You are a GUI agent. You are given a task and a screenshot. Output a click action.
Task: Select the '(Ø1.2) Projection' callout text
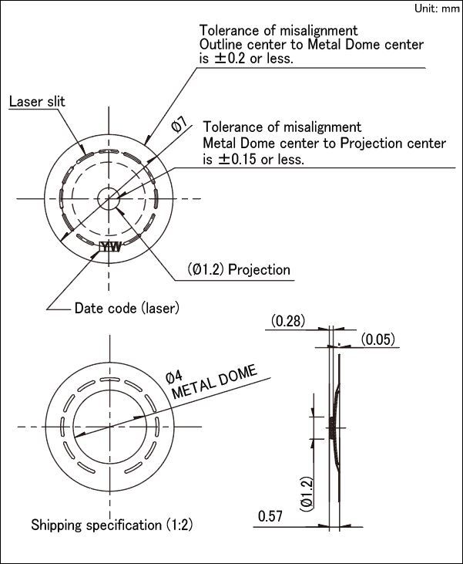[x=239, y=269]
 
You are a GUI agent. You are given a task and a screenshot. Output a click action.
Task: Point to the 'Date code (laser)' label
[x=126, y=308]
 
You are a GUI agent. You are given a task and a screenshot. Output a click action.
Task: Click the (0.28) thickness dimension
[x=287, y=320]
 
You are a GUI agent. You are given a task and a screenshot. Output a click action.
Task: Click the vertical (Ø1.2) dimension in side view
[x=307, y=491]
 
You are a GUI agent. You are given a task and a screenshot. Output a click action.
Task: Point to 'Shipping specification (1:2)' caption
[x=112, y=525]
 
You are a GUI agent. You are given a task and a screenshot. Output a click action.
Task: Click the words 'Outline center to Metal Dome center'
[x=310, y=45]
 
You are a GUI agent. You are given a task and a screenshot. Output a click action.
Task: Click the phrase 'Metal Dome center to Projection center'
[x=324, y=144]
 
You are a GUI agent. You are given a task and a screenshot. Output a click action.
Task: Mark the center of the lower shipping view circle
[x=111, y=426]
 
